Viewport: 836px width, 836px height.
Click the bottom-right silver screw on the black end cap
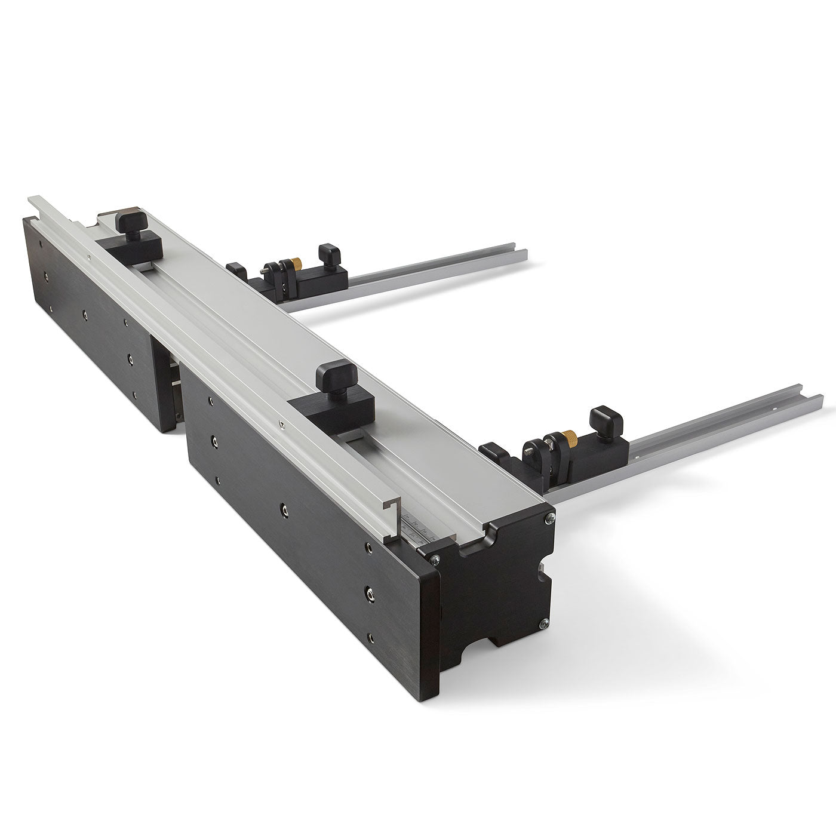coord(543,625)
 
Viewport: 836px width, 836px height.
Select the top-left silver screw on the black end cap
coord(435,558)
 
